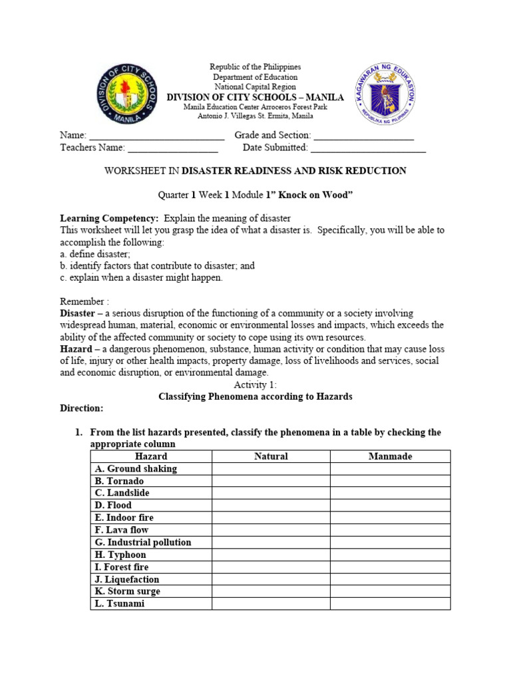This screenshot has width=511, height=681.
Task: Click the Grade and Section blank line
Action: pyautogui.click(x=363, y=136)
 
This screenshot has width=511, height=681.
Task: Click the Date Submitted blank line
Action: pyautogui.click(x=368, y=148)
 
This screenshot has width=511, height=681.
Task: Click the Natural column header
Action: pyautogui.click(x=271, y=456)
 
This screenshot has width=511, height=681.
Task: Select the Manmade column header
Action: pyautogui.click(x=390, y=456)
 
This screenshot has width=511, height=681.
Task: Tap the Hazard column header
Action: pyautogui.click(x=151, y=456)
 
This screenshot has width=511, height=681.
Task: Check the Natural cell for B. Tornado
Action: pyautogui.click(x=271, y=481)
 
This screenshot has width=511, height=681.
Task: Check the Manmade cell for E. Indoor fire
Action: pyautogui.click(x=390, y=517)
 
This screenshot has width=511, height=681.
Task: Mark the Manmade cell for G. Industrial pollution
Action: pyautogui.click(x=390, y=542)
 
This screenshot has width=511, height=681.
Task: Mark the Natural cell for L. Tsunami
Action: pyautogui.click(x=271, y=603)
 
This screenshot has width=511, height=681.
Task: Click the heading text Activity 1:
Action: pyautogui.click(x=255, y=385)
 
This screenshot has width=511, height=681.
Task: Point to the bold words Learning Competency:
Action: pyautogui.click(x=109, y=218)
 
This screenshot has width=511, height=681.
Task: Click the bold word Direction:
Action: pyautogui.click(x=82, y=408)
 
